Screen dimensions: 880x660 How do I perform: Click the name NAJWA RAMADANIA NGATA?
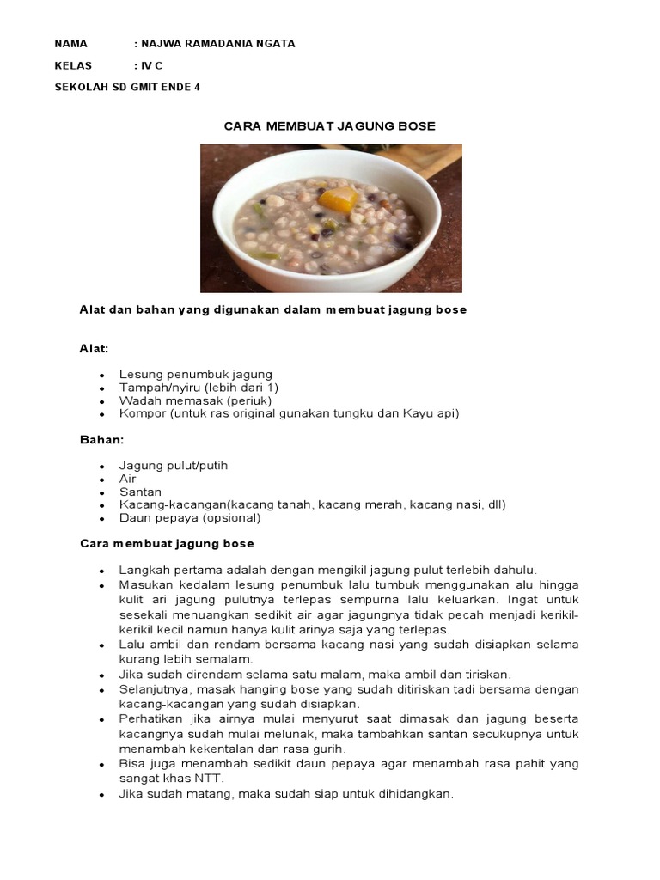point(218,44)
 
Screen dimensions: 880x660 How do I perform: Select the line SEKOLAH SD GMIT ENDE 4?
point(127,87)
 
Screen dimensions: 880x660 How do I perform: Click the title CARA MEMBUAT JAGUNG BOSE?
point(330,126)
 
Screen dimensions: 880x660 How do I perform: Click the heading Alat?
point(95,348)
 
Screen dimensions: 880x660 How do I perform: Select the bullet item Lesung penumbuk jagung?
point(196,375)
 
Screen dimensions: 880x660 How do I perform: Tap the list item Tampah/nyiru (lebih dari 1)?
point(199,388)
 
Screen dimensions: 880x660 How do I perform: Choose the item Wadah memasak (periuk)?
point(195,400)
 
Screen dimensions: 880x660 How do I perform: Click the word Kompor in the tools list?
point(142,413)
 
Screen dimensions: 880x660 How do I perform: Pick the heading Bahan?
point(102,439)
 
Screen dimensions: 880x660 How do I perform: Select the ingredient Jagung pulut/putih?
point(174,466)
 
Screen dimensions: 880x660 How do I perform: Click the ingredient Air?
point(128,479)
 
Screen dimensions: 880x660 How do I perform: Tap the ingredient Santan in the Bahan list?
point(141,492)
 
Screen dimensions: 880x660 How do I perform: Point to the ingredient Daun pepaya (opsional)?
point(190,518)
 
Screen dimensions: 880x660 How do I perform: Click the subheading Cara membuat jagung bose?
point(167,544)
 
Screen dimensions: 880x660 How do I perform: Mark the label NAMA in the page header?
point(71,44)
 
